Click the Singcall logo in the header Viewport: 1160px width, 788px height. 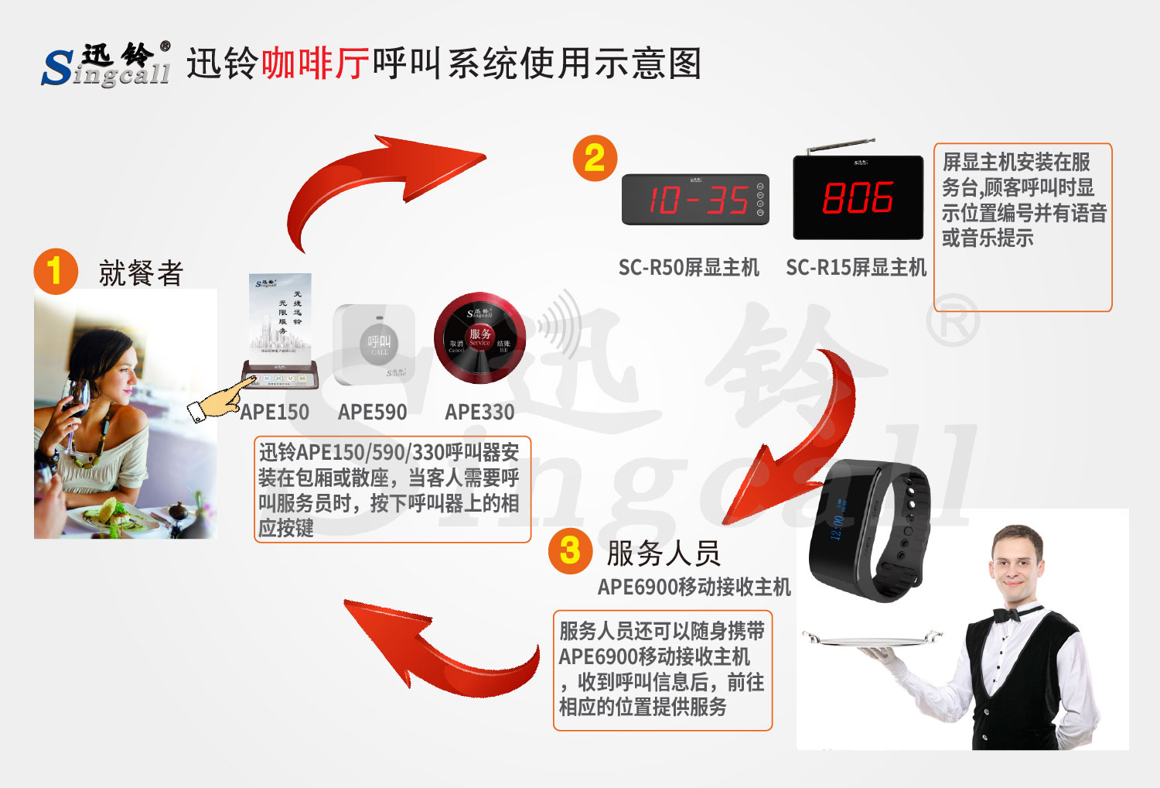click(x=106, y=64)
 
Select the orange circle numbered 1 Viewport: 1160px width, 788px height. click(x=55, y=271)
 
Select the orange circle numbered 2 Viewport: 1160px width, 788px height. click(x=594, y=159)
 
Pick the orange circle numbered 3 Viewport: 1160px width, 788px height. click(x=570, y=551)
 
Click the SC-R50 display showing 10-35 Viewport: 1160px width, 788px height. click(x=695, y=200)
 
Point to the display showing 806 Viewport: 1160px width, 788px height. click(x=858, y=198)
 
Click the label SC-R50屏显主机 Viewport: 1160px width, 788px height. click(x=688, y=268)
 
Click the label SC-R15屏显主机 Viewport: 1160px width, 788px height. click(x=856, y=268)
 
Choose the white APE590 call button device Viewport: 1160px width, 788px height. click(x=374, y=344)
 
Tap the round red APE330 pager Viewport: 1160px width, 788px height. click(x=479, y=338)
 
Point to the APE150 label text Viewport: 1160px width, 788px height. click(x=275, y=412)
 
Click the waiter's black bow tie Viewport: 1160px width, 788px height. click(x=1007, y=615)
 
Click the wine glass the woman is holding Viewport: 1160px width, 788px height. click(x=77, y=403)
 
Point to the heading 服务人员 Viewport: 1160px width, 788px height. click(x=663, y=553)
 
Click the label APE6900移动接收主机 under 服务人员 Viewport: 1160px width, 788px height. click(x=694, y=588)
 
